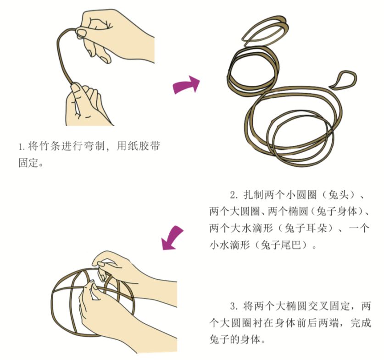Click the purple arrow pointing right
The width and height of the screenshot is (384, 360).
pos(186,85)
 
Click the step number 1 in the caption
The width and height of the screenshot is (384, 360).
pos(21,148)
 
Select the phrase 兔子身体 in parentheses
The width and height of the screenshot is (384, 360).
pos(335,212)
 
